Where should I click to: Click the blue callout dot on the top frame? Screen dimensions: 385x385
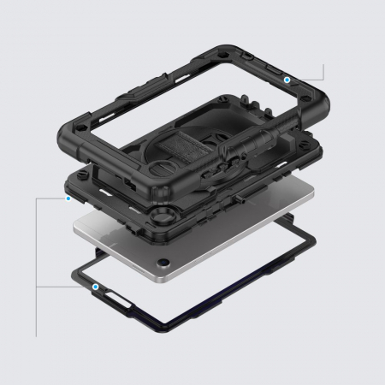click(x=287, y=78)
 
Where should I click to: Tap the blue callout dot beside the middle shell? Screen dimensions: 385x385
click(x=68, y=198)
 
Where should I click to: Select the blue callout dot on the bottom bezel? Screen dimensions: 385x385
click(x=96, y=287)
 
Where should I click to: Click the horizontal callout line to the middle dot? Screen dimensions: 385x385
click(x=51, y=198)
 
